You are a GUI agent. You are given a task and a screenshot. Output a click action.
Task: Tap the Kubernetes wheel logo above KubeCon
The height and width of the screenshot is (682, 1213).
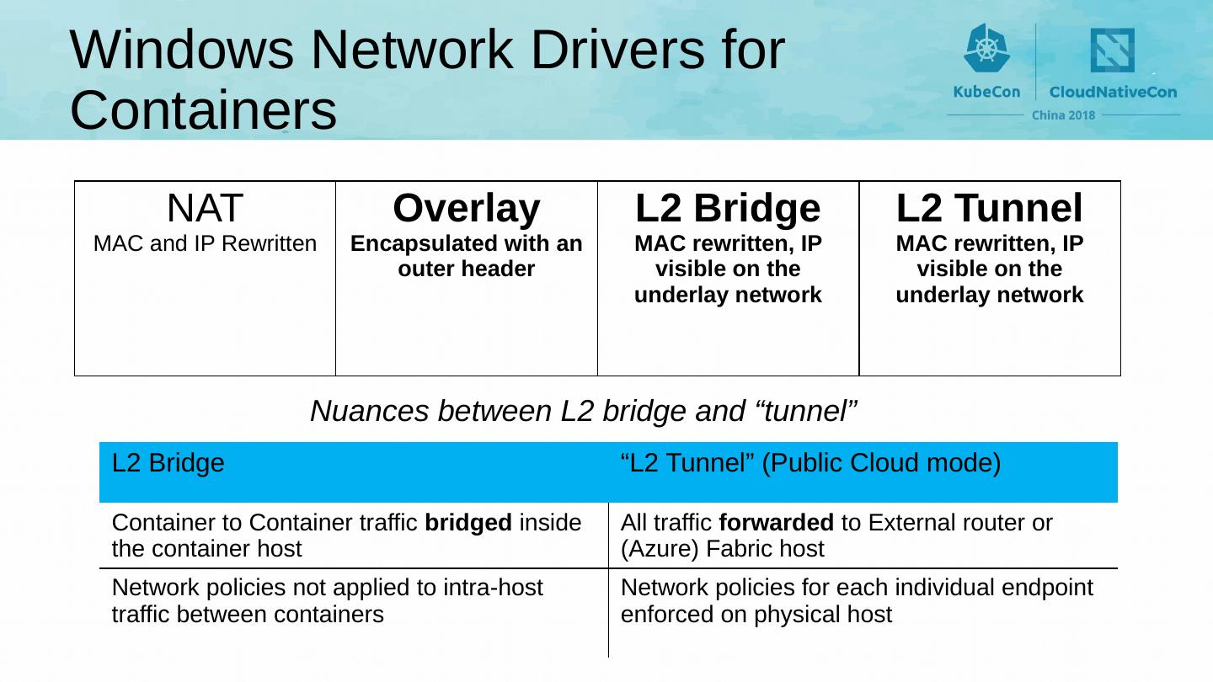[986, 48]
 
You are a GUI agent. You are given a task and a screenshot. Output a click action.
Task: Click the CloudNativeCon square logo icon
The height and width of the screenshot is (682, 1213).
[1112, 51]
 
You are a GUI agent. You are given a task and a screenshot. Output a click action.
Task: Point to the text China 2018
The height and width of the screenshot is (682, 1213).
[1063, 115]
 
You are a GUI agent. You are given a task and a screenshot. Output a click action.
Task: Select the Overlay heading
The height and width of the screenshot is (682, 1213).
[466, 208]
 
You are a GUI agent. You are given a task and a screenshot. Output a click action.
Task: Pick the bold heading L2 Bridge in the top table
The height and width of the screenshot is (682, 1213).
[727, 208]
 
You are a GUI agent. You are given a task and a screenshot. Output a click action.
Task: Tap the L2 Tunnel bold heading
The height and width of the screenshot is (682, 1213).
[989, 208]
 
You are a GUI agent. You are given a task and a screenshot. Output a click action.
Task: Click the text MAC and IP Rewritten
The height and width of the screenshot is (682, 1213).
[205, 244]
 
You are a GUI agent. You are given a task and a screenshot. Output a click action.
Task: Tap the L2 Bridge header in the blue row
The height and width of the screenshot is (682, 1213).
[168, 463]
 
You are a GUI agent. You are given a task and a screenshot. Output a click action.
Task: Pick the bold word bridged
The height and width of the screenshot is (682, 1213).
[468, 523]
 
